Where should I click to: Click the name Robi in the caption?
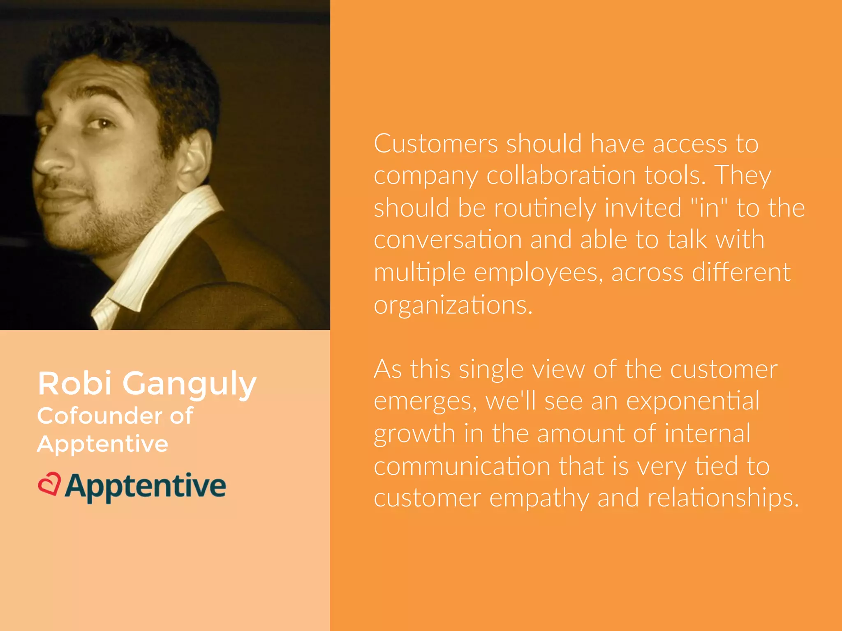pyautogui.click(x=74, y=383)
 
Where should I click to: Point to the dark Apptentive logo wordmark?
pyautogui.click(x=145, y=486)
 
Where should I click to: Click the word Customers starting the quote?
pyautogui.click(x=436, y=144)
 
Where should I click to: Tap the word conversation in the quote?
pyautogui.click(x=448, y=240)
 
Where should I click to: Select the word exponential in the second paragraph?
pyautogui.click(x=692, y=401)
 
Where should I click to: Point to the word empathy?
pyautogui.click(x=539, y=498)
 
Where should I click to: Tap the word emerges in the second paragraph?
pyautogui.click(x=425, y=402)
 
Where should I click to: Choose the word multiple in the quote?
pyautogui.click(x=419, y=273)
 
